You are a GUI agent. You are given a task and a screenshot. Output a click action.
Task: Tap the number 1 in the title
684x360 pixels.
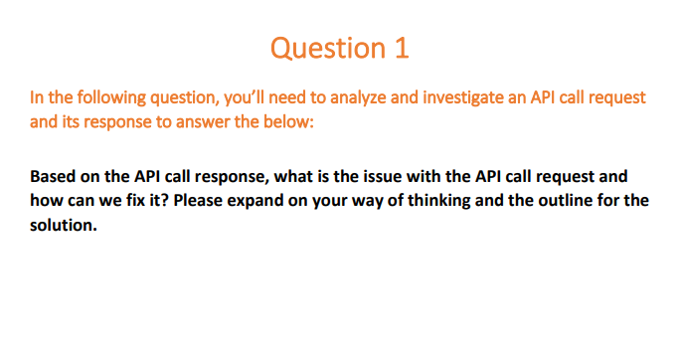[x=401, y=49]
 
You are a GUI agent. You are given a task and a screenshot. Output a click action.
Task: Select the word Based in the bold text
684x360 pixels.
[x=53, y=177]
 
